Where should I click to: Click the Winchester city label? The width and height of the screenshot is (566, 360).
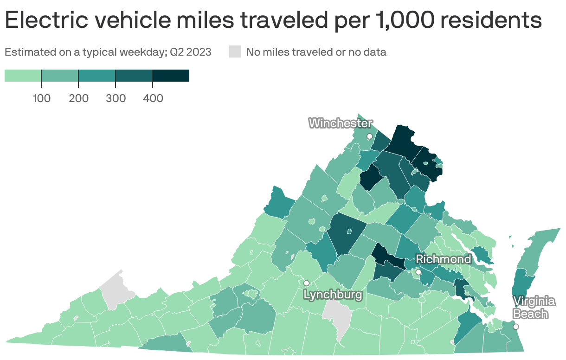(x=340, y=123)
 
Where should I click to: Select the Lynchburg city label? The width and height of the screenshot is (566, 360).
(x=332, y=295)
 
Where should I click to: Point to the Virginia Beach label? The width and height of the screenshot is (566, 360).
(x=534, y=308)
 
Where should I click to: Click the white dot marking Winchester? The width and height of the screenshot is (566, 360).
(x=370, y=136)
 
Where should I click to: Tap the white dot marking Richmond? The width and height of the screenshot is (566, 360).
(x=418, y=272)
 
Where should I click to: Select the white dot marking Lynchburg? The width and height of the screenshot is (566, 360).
(x=306, y=283)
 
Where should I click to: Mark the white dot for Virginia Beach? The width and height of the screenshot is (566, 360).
(x=515, y=327)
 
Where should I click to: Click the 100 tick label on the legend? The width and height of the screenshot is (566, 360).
(x=41, y=98)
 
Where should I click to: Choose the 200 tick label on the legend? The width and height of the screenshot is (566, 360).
(x=78, y=98)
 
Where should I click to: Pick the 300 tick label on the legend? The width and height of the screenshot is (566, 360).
(x=116, y=98)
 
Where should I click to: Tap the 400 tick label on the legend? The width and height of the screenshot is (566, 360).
(x=153, y=98)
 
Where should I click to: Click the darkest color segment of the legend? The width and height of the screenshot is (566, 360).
(x=171, y=76)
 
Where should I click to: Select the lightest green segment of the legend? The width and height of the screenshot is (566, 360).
(x=23, y=76)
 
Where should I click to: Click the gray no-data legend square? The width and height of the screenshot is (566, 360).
(x=235, y=52)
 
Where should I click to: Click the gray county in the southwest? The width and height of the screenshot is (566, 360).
(x=116, y=290)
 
